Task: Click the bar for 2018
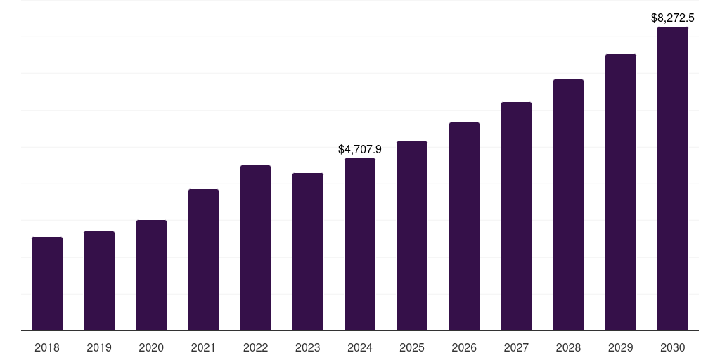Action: tap(47, 284)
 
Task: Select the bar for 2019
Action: tap(99, 281)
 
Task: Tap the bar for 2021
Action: tap(203, 260)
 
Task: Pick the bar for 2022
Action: tap(255, 248)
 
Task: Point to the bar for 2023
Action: tap(308, 252)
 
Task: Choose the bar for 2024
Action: tap(360, 245)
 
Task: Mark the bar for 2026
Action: tap(464, 226)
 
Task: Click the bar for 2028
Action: tap(568, 205)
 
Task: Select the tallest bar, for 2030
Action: tap(673, 179)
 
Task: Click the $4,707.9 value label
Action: tap(360, 150)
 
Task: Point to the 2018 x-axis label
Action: tap(47, 347)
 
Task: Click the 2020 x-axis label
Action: tap(151, 347)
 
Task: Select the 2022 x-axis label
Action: tap(255, 347)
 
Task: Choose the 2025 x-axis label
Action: tap(412, 347)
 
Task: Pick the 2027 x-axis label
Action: tap(516, 347)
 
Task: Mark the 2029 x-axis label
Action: tap(621, 347)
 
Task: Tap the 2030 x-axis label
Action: tap(673, 347)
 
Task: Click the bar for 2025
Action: tap(412, 236)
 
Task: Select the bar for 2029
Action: tap(621, 193)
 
